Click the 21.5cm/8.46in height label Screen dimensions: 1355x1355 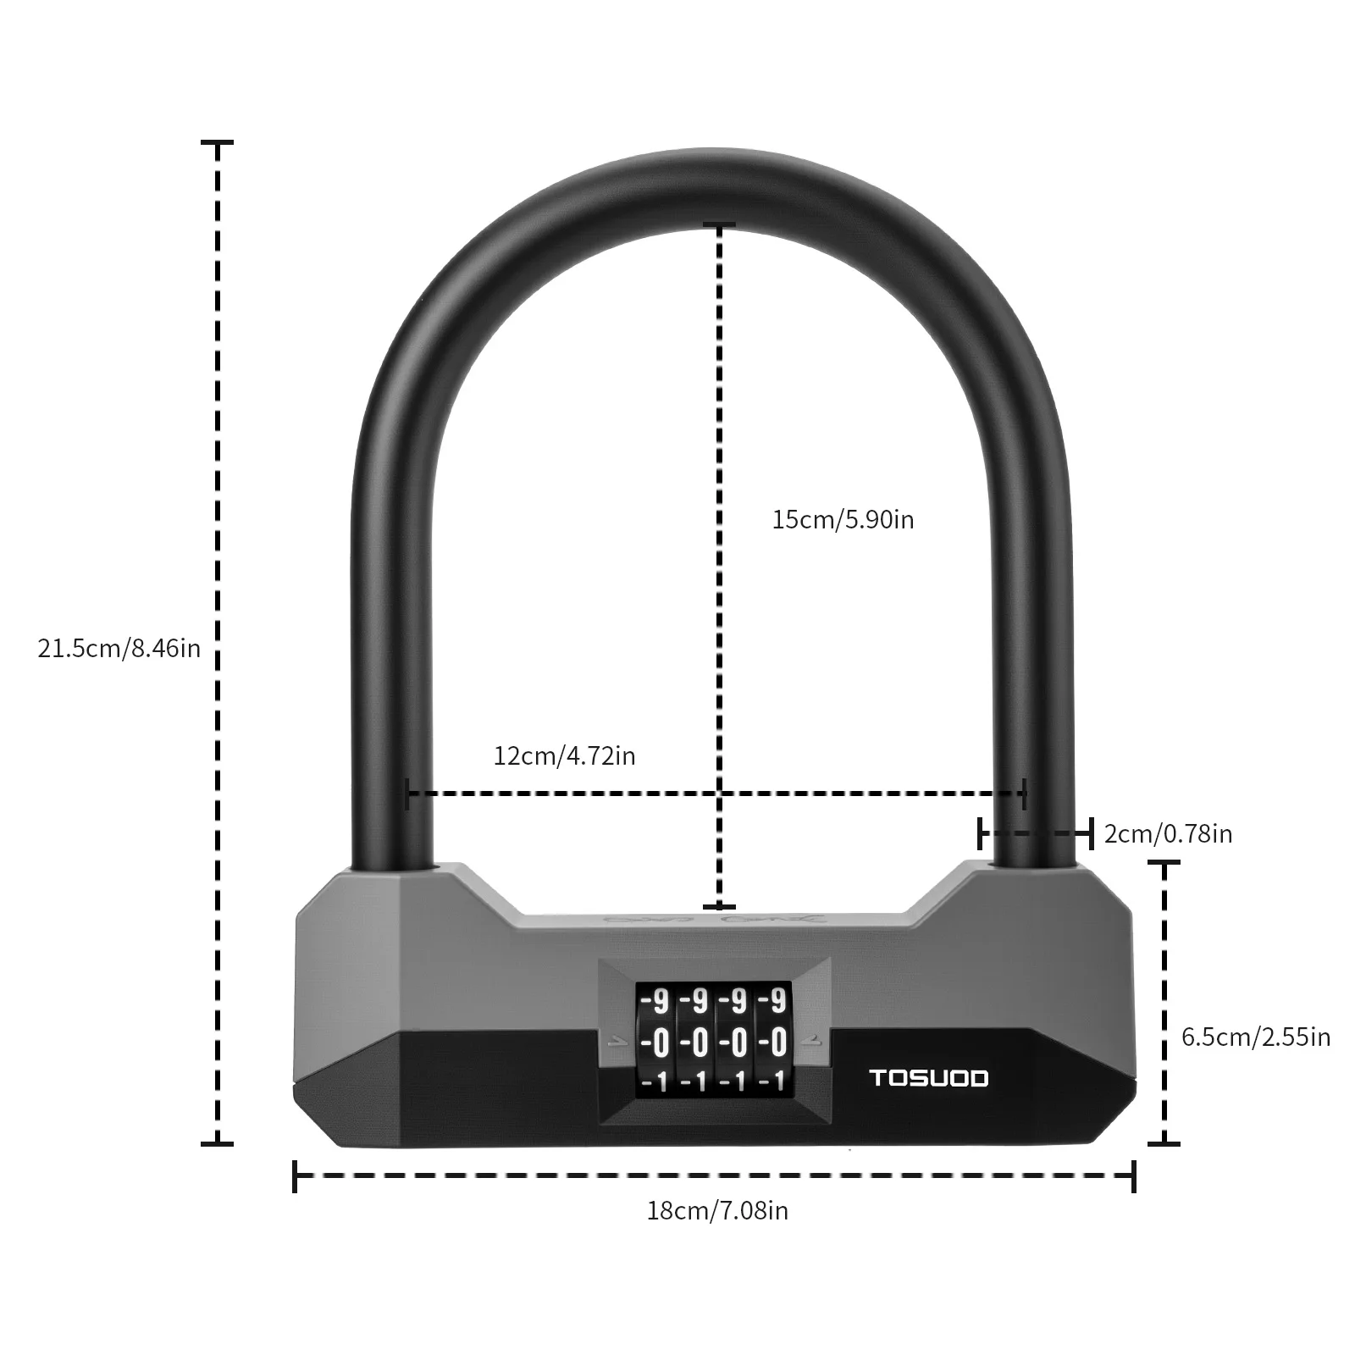[119, 648]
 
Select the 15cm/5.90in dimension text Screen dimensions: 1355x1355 [843, 519]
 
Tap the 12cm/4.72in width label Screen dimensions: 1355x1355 [564, 755]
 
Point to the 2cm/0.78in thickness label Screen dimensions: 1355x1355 [1168, 834]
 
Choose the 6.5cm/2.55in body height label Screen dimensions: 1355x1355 [1256, 1037]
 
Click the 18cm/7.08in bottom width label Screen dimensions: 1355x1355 [717, 1210]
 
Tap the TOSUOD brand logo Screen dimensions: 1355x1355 [929, 1078]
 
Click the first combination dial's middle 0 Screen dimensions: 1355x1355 [660, 1042]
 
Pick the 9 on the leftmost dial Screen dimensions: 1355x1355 [660, 1002]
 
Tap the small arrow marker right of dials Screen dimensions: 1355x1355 [815, 1042]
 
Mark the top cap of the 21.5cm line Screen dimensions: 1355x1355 [218, 144]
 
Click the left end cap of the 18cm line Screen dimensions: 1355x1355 [295, 1175]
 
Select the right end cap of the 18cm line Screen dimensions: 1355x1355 [1134, 1175]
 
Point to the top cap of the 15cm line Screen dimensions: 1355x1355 [720, 225]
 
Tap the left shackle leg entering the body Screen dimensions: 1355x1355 [394, 847]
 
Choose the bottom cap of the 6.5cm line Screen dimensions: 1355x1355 [1165, 1143]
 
